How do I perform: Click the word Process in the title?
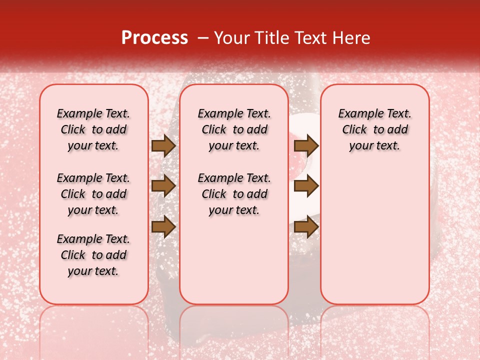point(154,38)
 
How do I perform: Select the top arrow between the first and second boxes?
point(163,146)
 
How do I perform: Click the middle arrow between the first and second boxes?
point(163,186)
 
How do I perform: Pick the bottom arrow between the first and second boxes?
point(163,227)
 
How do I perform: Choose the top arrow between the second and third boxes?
point(306,146)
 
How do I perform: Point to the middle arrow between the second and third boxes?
point(306,186)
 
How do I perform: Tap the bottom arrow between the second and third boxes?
point(306,227)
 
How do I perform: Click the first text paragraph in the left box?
point(93,129)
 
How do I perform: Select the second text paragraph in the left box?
point(93,194)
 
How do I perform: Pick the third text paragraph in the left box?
point(93,255)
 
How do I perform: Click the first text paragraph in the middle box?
point(234,129)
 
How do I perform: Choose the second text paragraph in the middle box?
point(234,194)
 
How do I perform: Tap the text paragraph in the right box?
point(374,129)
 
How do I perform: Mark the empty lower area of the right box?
point(374,235)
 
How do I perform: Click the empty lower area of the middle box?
point(234,260)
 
